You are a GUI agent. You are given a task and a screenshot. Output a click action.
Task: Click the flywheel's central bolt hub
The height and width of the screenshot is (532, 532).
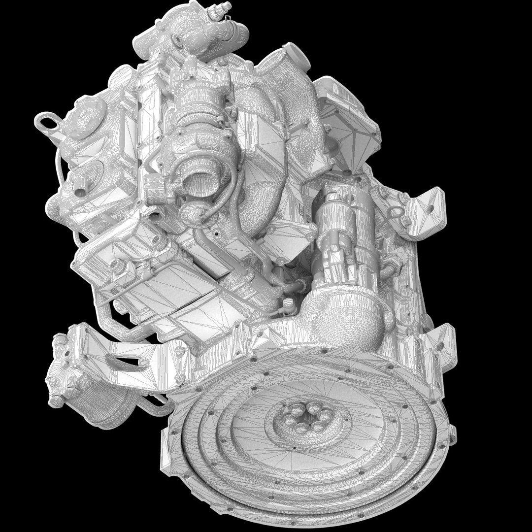pyautogui.click(x=301, y=418)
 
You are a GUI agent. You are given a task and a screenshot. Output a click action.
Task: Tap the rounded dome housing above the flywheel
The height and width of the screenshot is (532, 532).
pyautogui.click(x=345, y=320)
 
